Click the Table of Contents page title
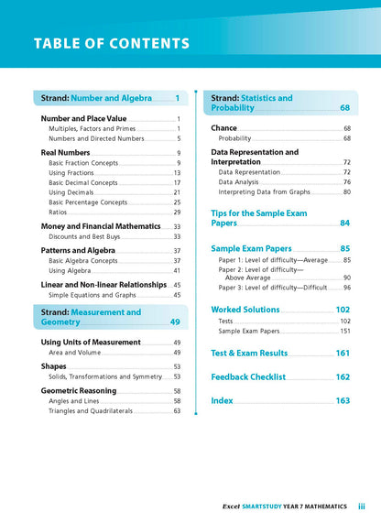112,43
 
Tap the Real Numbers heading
65,153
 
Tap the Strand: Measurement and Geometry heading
91,317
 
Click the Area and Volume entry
75,353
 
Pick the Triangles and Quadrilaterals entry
94,411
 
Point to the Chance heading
223,128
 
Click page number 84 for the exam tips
344,223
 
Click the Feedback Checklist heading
248,376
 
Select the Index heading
222,400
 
